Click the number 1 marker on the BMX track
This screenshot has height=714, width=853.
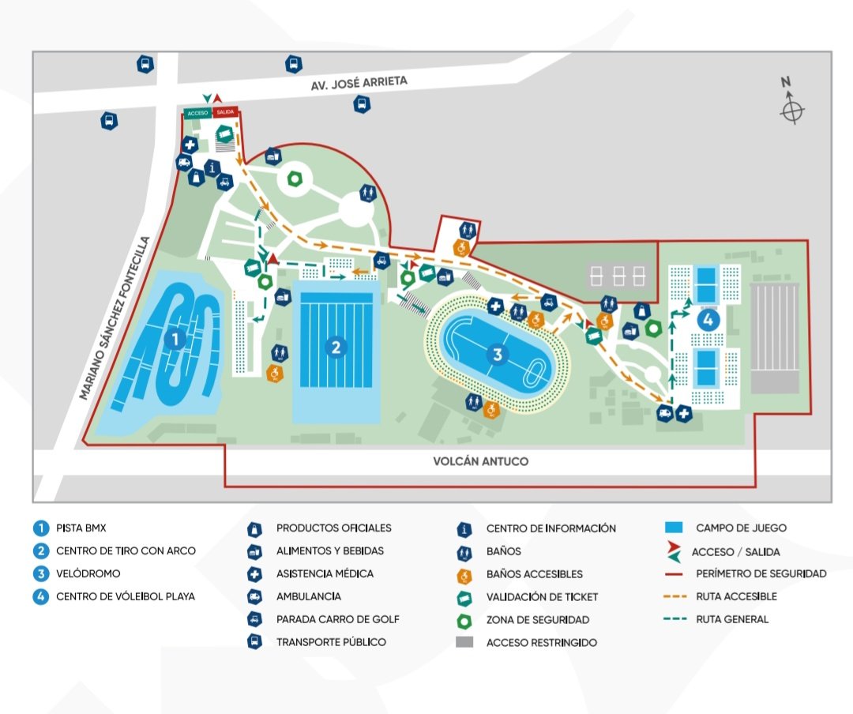click(175, 340)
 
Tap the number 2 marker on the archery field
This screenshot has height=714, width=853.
click(336, 347)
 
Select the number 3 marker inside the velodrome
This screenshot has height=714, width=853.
click(497, 355)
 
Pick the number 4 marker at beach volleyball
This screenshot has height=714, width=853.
click(708, 321)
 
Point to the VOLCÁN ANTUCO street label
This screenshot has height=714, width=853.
click(481, 461)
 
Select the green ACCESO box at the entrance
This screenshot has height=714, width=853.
click(197, 113)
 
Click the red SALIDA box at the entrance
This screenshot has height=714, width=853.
click(225, 113)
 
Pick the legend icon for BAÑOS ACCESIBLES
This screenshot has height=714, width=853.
click(465, 574)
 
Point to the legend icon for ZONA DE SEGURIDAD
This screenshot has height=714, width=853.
click(465, 619)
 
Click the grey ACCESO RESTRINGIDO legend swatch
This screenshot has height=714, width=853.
click(465, 642)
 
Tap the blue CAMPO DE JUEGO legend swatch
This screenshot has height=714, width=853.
click(674, 528)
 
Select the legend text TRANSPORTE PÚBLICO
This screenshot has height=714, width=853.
click(331, 642)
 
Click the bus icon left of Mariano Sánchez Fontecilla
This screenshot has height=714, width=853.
click(109, 122)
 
